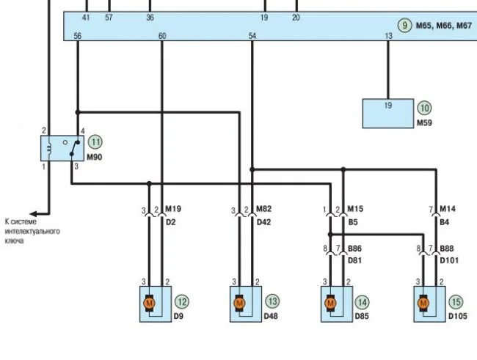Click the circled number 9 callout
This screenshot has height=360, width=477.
pyautogui.click(x=404, y=25)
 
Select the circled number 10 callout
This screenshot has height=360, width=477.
pyautogui.click(x=425, y=108)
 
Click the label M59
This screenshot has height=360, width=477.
pyautogui.click(x=424, y=123)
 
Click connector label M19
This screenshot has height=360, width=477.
pyautogui.click(x=172, y=209)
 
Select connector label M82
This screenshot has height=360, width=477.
pyautogui.click(x=263, y=209)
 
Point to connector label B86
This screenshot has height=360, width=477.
pyautogui.click(x=355, y=249)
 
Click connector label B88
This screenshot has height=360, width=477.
pyautogui.click(x=447, y=249)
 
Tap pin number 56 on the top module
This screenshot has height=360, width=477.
pyautogui.click(x=78, y=35)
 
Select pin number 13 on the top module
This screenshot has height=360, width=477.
pyautogui.click(x=389, y=35)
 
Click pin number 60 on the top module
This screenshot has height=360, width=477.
pyautogui.click(x=161, y=35)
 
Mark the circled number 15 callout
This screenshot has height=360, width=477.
pyautogui.click(x=456, y=301)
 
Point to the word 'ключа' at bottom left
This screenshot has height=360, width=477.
pyautogui.click(x=15, y=240)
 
